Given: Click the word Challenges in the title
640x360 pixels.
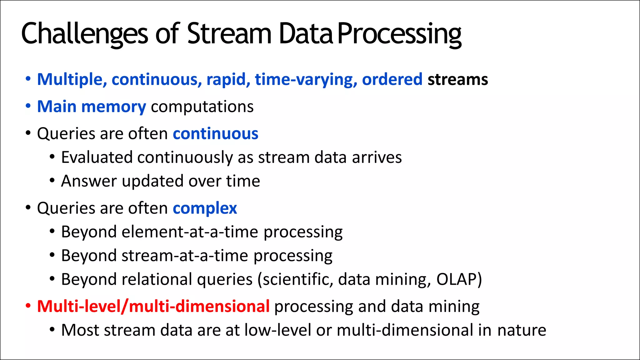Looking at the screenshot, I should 84,34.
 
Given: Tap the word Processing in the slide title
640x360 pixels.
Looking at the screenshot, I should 399,34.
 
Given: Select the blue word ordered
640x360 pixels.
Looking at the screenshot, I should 392,79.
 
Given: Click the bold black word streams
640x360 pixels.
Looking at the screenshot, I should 457,79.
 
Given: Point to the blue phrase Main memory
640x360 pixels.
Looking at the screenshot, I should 91,107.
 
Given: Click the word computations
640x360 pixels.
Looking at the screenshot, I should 202,107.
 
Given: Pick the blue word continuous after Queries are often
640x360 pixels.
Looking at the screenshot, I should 215,134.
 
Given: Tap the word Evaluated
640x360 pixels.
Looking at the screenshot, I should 97,157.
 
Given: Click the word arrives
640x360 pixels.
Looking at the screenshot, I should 377,157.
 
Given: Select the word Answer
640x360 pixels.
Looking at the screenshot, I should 89,181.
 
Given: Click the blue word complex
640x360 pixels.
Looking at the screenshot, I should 205,208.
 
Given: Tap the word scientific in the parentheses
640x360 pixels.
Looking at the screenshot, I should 297,279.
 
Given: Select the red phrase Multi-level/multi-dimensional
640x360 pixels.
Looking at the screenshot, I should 153,306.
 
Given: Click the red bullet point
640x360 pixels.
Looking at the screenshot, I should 28,306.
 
